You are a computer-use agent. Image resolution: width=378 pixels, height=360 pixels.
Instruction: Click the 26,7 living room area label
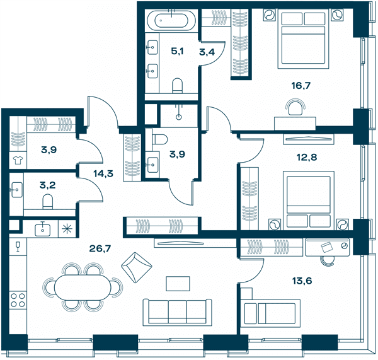click(x=100, y=248)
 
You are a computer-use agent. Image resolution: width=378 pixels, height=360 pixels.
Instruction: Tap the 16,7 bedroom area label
click(x=301, y=85)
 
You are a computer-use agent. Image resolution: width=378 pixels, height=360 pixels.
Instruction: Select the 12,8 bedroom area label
click(x=307, y=158)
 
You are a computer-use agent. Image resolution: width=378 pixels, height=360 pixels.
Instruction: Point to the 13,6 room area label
click(x=302, y=281)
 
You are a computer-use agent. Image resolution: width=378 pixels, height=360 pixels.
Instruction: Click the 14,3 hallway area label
click(x=103, y=173)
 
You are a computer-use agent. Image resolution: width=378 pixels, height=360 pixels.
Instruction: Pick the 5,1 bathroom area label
click(x=177, y=51)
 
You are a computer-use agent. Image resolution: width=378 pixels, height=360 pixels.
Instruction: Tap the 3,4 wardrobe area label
click(x=207, y=52)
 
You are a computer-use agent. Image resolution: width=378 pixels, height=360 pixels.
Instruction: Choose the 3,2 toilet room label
click(x=47, y=185)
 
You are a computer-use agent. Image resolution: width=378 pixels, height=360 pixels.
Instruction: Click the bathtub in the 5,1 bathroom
click(x=171, y=20)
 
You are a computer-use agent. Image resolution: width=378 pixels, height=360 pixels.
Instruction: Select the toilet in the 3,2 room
click(x=48, y=202)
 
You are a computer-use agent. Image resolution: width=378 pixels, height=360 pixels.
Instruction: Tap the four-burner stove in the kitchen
click(x=18, y=300)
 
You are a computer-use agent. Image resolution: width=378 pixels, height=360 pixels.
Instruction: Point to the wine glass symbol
click(x=18, y=246)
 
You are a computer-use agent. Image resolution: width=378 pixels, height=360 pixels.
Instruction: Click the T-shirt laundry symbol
click(x=18, y=160)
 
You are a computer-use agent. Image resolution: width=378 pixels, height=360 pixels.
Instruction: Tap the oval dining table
click(x=83, y=287)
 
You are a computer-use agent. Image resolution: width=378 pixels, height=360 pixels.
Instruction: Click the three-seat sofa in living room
click(x=178, y=312)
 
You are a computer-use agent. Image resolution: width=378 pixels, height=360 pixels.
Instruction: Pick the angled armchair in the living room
click(x=137, y=267)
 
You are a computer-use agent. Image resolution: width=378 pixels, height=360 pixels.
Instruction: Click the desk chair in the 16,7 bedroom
click(x=295, y=107)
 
